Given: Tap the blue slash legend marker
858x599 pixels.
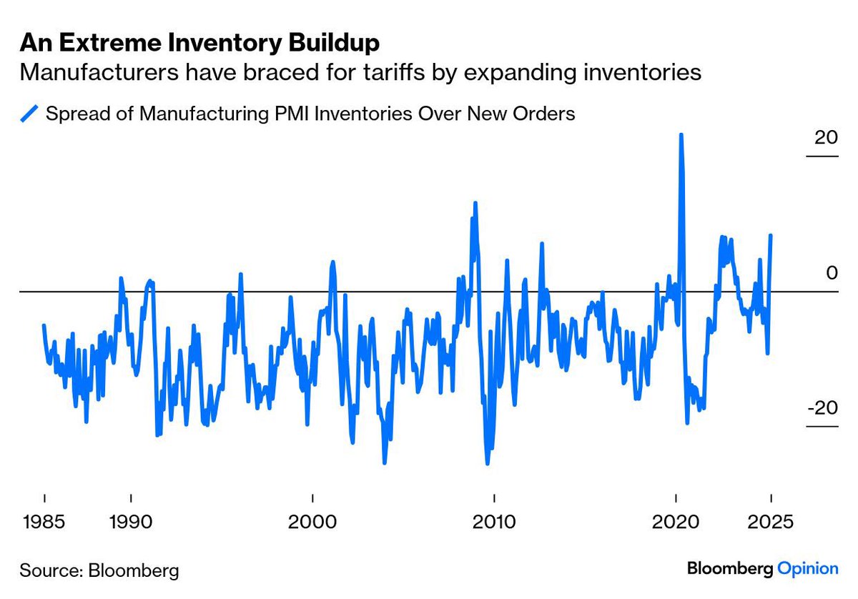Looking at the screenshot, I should coord(29,114).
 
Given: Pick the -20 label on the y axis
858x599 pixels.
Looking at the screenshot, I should coord(822,408).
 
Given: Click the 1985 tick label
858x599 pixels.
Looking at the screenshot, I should coord(44,521).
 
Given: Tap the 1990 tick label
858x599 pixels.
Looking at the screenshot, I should coord(130,521).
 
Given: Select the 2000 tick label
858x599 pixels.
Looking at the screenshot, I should coord(312,521).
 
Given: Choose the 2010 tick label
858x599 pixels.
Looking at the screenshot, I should coord(493,521).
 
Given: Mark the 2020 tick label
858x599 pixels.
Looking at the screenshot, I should coord(676,521).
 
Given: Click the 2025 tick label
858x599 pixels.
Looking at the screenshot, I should coord(771,521).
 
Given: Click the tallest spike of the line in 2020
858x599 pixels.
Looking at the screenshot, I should coord(681,135).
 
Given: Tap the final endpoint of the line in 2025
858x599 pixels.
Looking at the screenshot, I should coord(771,235).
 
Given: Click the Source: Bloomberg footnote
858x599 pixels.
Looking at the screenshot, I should coord(99,570).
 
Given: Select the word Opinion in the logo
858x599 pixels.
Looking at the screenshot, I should coord(807,569).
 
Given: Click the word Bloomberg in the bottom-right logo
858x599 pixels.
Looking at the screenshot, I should coord(730,569).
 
